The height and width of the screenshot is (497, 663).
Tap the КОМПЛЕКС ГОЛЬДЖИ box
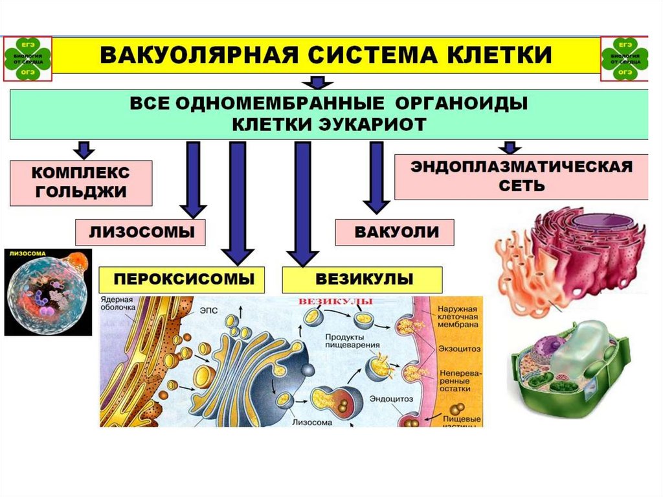(81, 183)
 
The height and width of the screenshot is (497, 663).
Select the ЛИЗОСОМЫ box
(140, 232)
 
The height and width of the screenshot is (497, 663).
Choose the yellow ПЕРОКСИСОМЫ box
(182, 280)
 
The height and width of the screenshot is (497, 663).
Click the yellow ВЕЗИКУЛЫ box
(363, 280)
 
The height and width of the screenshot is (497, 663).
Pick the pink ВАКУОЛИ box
(394, 232)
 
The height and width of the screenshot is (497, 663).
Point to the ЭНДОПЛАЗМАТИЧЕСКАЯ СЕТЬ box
(521, 176)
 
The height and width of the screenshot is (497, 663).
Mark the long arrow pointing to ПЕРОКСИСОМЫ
(237, 201)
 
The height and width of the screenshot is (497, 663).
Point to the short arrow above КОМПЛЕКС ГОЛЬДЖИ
(83, 150)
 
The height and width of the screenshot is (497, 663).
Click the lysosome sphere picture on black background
(46, 291)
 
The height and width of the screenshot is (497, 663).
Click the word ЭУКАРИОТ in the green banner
(376, 124)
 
